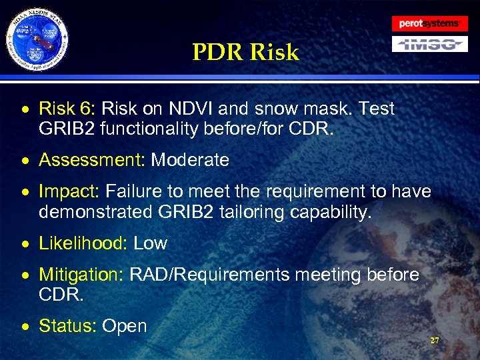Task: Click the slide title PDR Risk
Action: [x=245, y=53]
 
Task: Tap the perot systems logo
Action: [x=429, y=23]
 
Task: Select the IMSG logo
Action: [x=429, y=45]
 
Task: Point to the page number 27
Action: [x=435, y=341]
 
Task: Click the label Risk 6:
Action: [x=68, y=109]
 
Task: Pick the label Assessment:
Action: [x=92, y=160]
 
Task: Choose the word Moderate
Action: [x=190, y=160]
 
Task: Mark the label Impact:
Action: [x=69, y=192]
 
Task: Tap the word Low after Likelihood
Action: [x=151, y=243]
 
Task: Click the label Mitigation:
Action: [x=81, y=275]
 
